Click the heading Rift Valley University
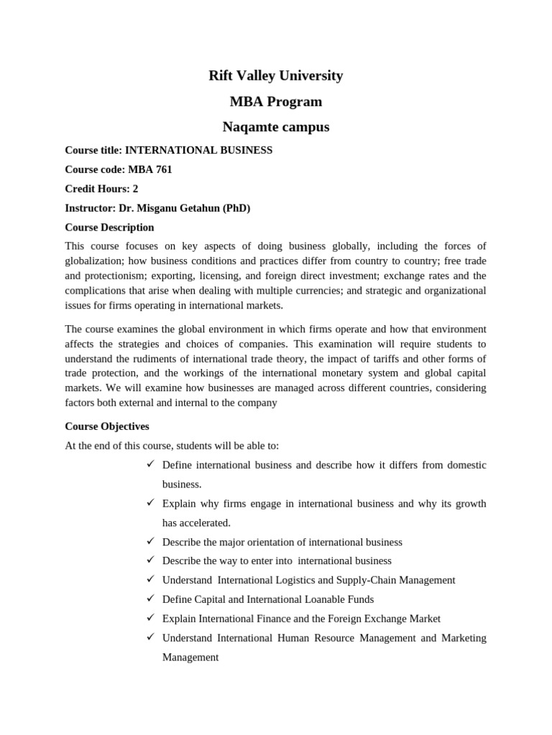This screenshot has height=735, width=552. tap(275, 75)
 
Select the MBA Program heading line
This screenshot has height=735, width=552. tap(275, 101)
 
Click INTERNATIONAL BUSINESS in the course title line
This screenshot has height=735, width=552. tap(199, 150)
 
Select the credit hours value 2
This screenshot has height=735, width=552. tap(135, 189)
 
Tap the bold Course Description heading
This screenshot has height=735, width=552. tap(109, 228)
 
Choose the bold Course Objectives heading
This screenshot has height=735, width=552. tap(107, 426)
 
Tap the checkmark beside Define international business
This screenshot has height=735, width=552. tap(151, 464)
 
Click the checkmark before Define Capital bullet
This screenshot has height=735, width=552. tap(151, 599)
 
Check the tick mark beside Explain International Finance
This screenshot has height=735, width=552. tap(151, 618)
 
